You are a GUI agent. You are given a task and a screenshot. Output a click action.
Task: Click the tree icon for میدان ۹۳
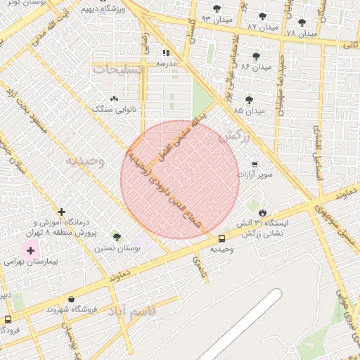click(216, 9)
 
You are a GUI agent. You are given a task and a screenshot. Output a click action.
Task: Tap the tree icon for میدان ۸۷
click(262, 16)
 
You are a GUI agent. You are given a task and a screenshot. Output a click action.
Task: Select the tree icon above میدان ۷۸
click(302, 22)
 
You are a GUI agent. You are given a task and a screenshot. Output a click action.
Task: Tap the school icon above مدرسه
click(166, 53)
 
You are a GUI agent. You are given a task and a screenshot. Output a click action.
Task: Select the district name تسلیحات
click(118, 70)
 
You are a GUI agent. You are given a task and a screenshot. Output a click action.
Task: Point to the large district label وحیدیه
click(85, 161)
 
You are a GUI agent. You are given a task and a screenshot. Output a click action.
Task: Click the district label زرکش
click(234, 137)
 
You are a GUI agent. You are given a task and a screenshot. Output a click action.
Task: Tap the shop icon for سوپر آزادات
click(254, 165)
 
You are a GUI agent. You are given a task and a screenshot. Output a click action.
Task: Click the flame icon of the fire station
click(262, 212)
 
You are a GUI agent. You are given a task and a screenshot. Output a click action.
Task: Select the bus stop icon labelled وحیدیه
click(221, 238)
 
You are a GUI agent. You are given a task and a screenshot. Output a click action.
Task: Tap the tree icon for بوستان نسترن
click(117, 238)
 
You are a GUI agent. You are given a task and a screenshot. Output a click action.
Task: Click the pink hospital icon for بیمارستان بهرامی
click(30, 250)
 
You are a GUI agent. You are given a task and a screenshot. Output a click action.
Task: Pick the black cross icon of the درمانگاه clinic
click(62, 212)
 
